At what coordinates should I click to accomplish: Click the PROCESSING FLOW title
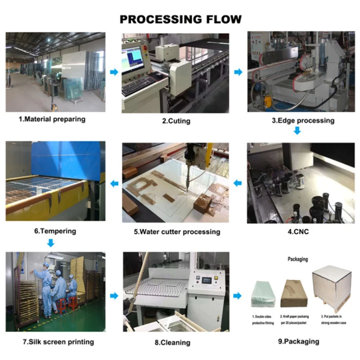(180, 19)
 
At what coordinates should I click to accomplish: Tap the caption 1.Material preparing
(52, 119)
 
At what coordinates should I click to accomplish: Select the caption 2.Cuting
(176, 121)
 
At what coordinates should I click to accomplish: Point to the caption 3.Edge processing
(303, 120)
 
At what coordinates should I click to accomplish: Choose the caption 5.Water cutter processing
(177, 232)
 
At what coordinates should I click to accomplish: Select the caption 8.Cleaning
(172, 342)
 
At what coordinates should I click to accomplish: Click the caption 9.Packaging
(299, 342)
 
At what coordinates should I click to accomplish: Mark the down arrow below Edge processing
(297, 131)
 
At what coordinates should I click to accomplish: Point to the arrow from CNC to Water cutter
(238, 183)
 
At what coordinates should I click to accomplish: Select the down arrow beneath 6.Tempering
(51, 243)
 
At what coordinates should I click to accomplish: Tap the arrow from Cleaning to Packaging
(238, 296)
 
